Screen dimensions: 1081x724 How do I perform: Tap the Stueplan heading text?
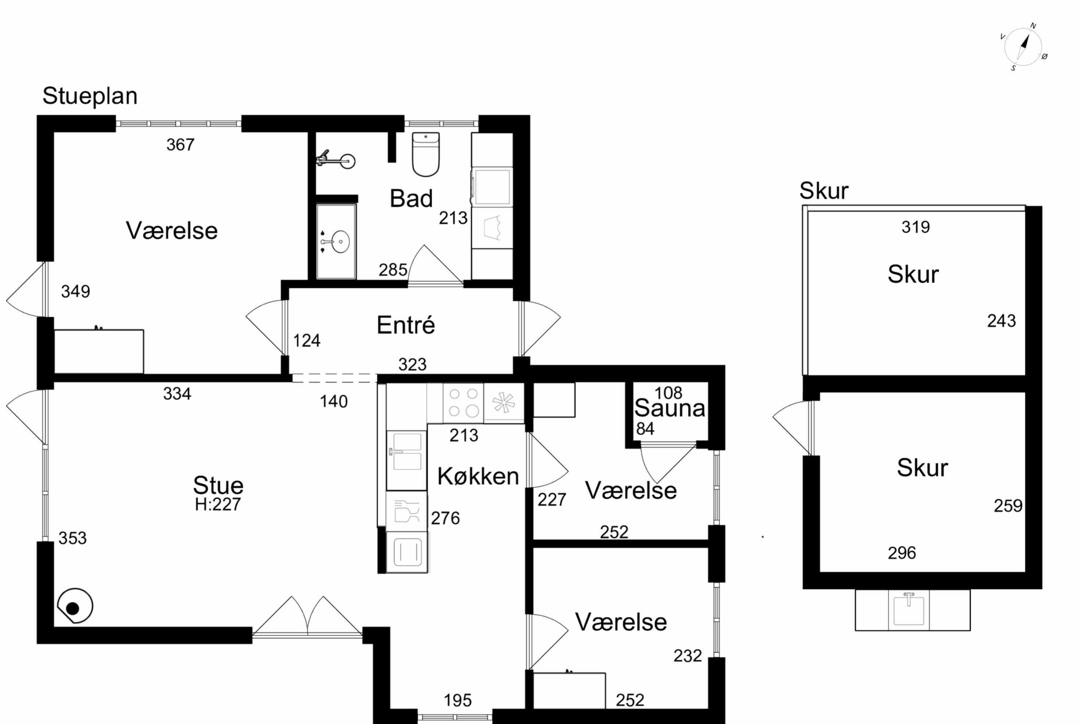pyautogui.click(x=90, y=96)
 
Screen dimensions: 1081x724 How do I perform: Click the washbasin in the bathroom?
pyautogui.click(x=340, y=241)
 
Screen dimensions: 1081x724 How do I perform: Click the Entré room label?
pyautogui.click(x=406, y=325)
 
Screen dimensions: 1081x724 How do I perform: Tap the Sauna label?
pyautogui.click(x=670, y=408)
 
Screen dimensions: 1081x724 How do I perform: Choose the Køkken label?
pyautogui.click(x=478, y=476)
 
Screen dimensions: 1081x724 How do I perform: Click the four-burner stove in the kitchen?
pyautogui.click(x=463, y=403)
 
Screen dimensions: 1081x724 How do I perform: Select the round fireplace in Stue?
pyautogui.click(x=75, y=606)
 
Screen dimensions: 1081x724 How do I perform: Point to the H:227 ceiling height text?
pyautogui.click(x=218, y=504)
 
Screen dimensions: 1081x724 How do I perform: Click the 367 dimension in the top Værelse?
pyautogui.click(x=181, y=145)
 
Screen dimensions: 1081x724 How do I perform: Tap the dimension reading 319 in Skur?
pyautogui.click(x=916, y=227)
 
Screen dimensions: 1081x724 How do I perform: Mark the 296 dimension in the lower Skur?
pyautogui.click(x=902, y=553)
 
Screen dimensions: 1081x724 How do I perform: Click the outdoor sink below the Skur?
pyautogui.click(x=909, y=610)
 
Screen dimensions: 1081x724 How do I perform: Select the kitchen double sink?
pyautogui.click(x=406, y=460)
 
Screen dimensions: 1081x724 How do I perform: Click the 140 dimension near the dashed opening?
pyautogui.click(x=334, y=402)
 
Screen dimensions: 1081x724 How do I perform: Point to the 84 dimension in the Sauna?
pyautogui.click(x=645, y=429)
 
